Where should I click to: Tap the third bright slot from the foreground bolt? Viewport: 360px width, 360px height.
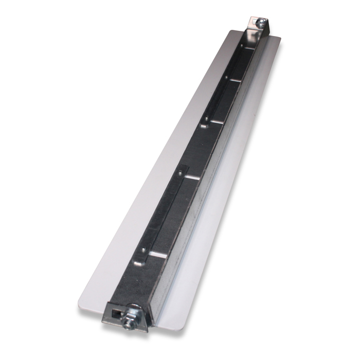(x=216, y=121)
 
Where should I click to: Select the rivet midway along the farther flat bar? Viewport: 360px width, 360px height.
(x=225, y=77)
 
